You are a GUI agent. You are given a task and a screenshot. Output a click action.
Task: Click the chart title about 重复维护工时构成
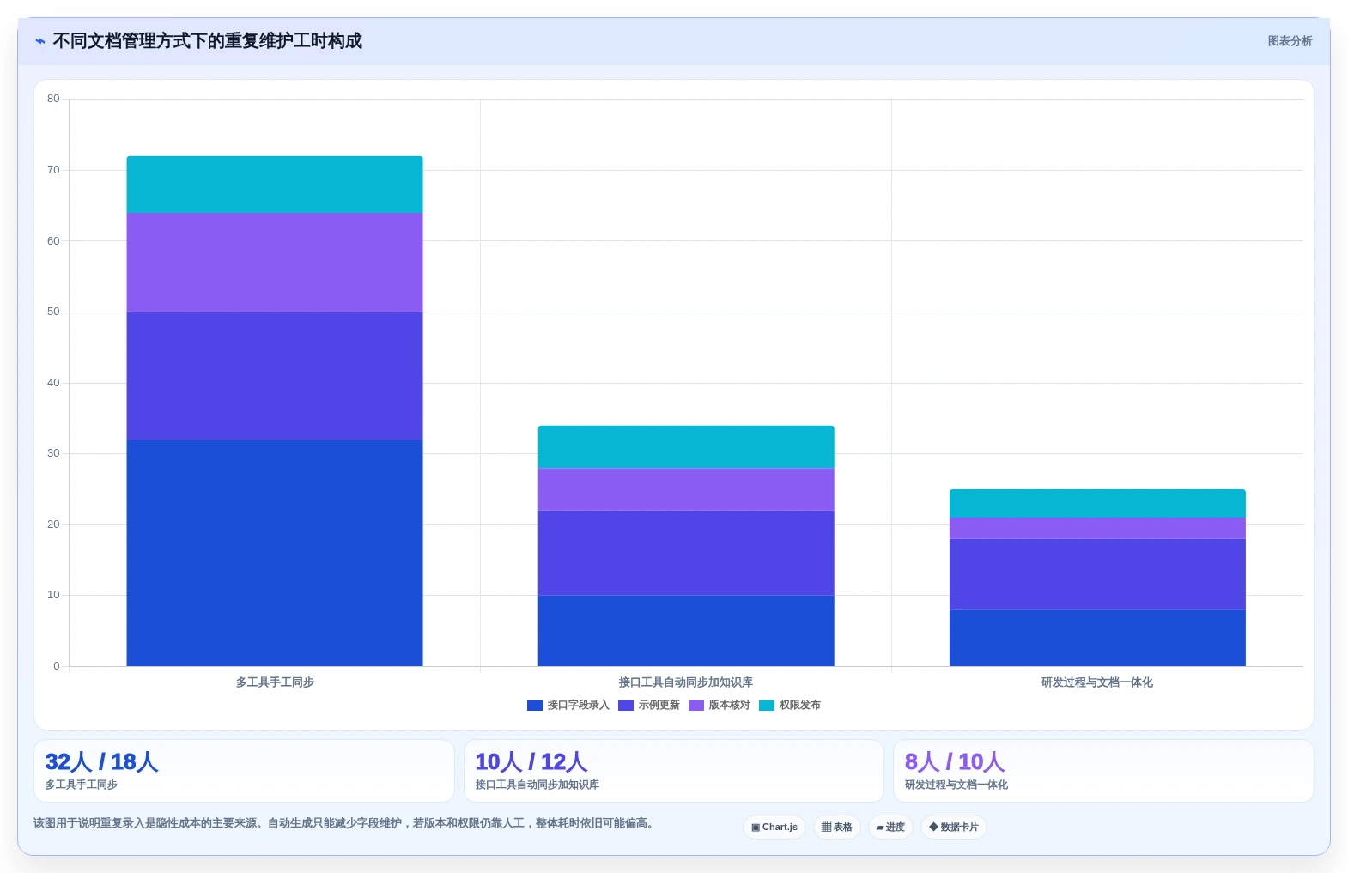pos(207,41)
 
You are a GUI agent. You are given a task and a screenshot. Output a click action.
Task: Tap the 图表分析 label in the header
pos(1290,41)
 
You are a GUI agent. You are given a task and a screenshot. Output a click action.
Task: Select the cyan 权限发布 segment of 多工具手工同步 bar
pos(275,185)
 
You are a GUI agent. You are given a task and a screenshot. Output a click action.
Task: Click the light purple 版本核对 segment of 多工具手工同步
pos(275,263)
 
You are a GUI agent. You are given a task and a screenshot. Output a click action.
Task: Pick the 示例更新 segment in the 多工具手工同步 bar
pos(275,376)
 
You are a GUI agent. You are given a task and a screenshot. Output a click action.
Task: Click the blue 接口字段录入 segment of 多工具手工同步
pos(275,553)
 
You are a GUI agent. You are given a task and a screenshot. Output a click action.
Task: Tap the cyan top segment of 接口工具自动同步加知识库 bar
pos(686,447)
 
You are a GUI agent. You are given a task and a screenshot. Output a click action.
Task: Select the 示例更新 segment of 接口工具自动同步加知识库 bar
pos(686,553)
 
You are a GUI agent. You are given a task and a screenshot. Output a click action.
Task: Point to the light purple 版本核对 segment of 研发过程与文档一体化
pos(1097,528)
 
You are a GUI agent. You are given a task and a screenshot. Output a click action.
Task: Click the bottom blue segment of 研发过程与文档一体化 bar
pos(1097,638)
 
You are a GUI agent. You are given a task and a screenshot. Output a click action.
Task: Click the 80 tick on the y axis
pos(53,99)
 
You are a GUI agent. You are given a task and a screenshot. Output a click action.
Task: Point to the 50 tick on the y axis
pos(53,312)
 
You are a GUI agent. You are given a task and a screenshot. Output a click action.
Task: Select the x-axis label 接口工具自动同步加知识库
pos(685,682)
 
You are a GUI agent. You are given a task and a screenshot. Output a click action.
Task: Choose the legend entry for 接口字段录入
pos(568,705)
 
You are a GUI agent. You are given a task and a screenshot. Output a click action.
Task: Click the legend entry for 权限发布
pos(790,705)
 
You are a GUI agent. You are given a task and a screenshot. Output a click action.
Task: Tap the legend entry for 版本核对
pos(720,705)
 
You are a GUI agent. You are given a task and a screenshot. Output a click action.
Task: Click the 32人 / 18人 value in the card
pos(101,761)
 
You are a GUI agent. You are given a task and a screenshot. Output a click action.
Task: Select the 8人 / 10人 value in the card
pos(955,761)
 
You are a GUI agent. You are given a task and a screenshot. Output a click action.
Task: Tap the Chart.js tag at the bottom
pos(774,828)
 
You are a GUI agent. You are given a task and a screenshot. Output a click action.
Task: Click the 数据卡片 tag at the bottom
pos(953,828)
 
